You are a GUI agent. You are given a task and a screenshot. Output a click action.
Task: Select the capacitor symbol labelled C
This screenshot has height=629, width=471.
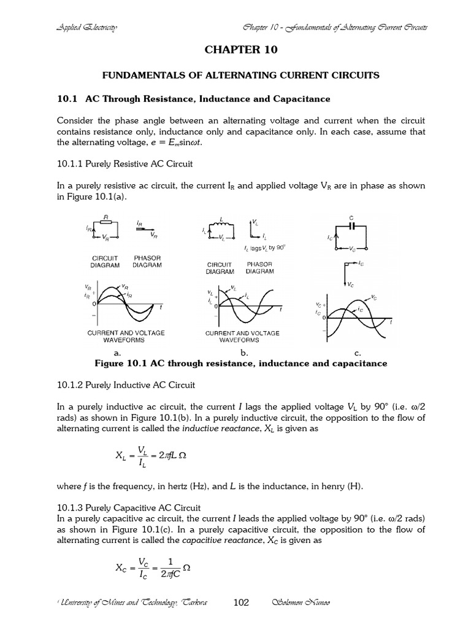[x=352, y=225]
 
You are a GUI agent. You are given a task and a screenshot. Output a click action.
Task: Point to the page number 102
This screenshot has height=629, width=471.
[x=241, y=603]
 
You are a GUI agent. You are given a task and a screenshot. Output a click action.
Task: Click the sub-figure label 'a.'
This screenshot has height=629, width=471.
[x=118, y=354]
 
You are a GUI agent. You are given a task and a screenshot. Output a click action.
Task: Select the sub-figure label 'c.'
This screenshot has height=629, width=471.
[x=358, y=354]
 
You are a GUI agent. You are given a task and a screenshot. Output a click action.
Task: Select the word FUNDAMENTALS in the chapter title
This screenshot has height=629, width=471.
[x=138, y=75]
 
